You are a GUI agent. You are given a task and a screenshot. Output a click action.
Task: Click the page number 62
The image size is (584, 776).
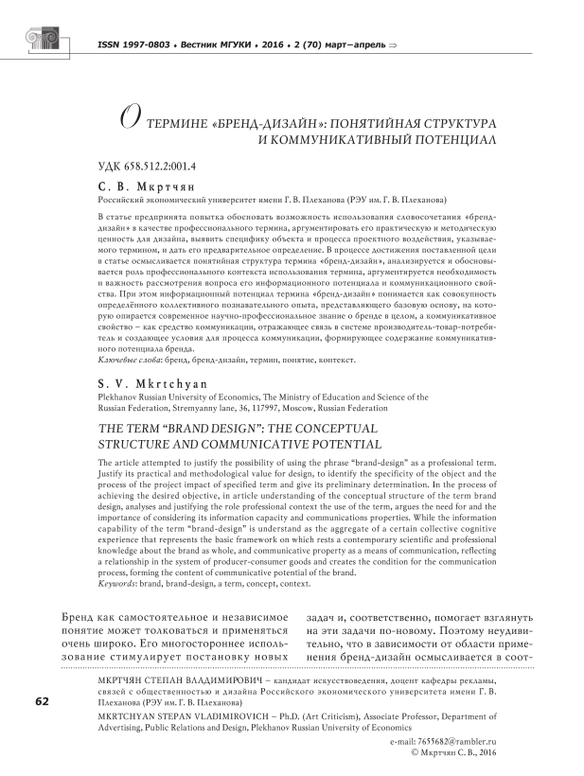coord(42,701)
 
